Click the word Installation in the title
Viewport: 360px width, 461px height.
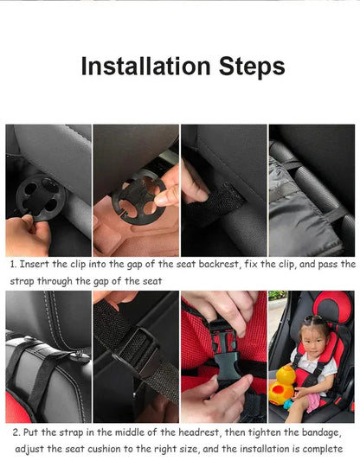click(x=149, y=66)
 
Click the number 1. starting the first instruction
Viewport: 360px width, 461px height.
click(x=14, y=264)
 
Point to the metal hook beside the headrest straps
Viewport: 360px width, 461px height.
click(x=82, y=354)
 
